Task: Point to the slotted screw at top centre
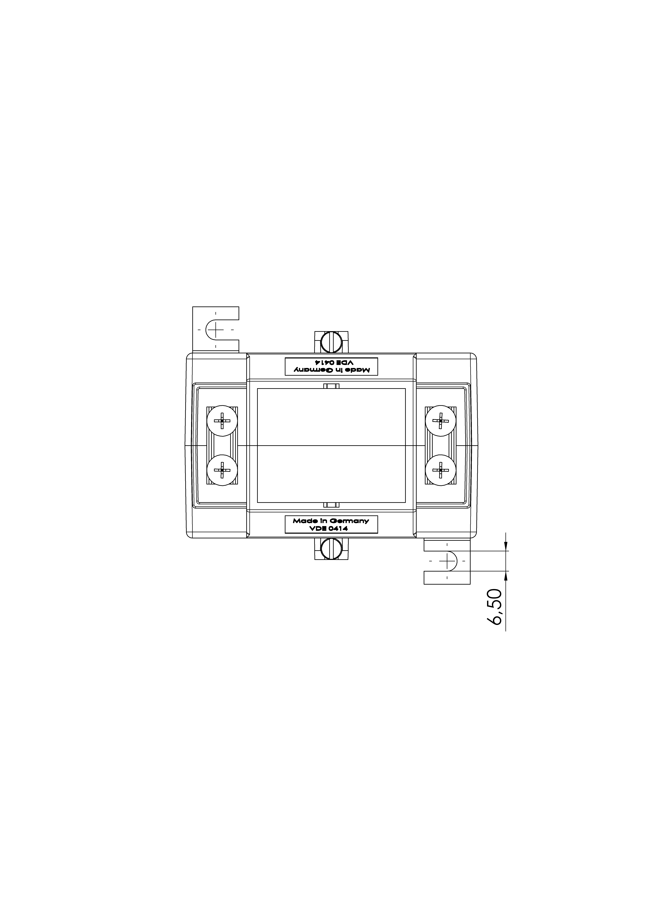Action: tap(331, 342)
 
